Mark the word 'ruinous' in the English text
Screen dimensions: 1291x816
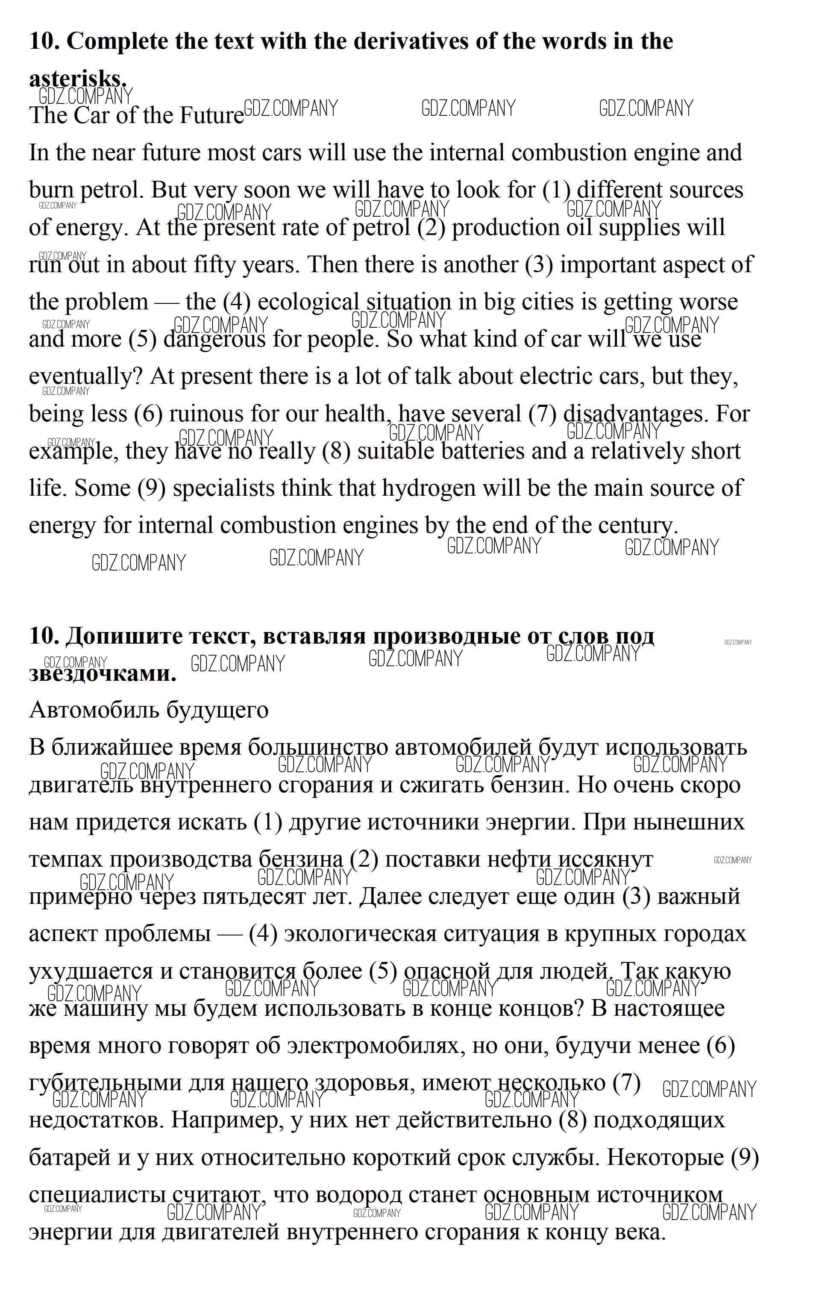[205, 414]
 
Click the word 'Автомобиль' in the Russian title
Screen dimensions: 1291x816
[94, 710]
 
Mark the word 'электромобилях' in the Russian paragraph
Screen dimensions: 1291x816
[372, 1045]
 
